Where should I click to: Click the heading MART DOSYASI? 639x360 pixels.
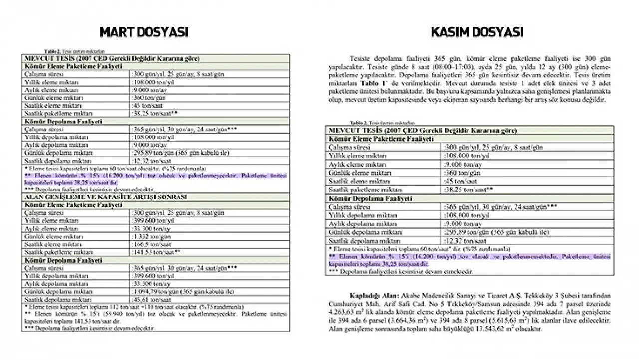pyautogui.click(x=144, y=32)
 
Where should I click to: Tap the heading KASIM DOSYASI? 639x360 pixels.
pyautogui.click(x=477, y=32)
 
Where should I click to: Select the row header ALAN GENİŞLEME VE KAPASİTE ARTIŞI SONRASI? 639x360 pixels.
pyautogui.click(x=106, y=197)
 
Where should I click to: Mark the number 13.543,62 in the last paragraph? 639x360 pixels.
pyautogui.click(x=491, y=329)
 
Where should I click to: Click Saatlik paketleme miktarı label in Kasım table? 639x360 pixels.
pyautogui.click(x=366, y=190)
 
